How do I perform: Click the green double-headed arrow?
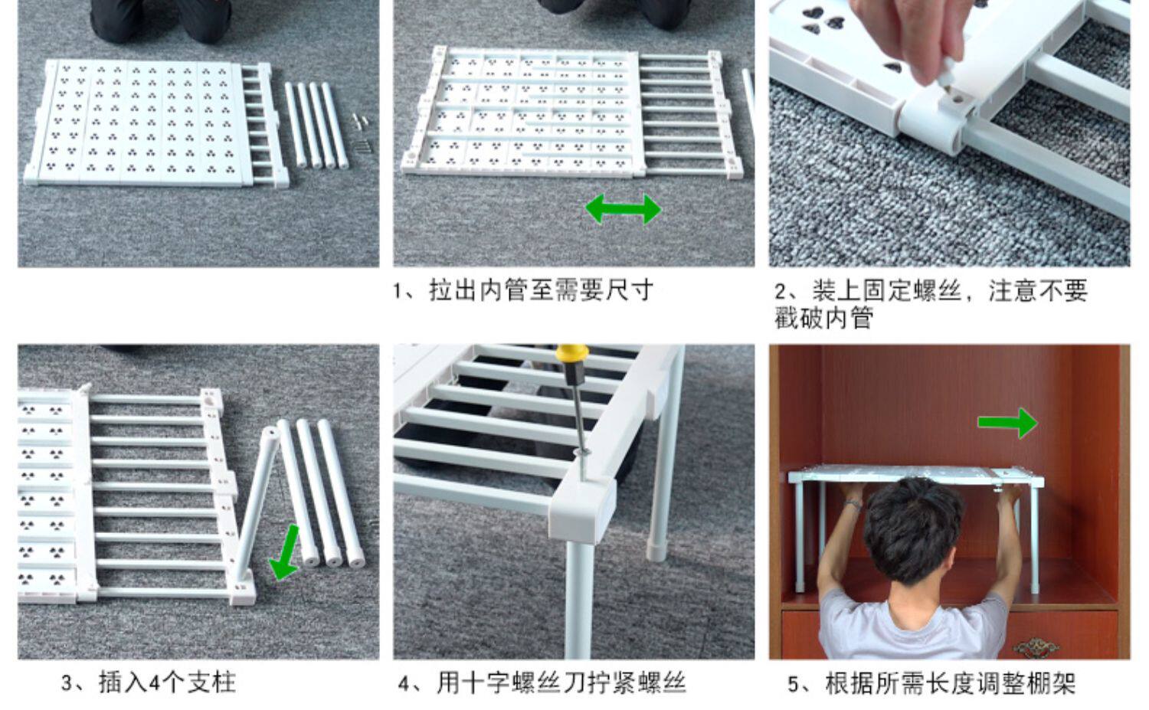coord(624,209)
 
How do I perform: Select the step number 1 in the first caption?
coord(398,291)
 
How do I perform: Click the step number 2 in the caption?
coord(781,291)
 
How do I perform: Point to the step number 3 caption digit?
coord(67,683)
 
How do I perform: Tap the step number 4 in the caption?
coord(405,683)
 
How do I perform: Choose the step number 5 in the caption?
coord(794,683)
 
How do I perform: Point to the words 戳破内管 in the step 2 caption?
coord(823,318)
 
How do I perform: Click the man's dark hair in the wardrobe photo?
coord(913,528)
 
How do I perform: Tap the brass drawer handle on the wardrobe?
coord(1036,647)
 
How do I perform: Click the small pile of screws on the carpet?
coord(362,133)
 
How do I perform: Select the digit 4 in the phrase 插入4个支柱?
coord(154,683)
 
